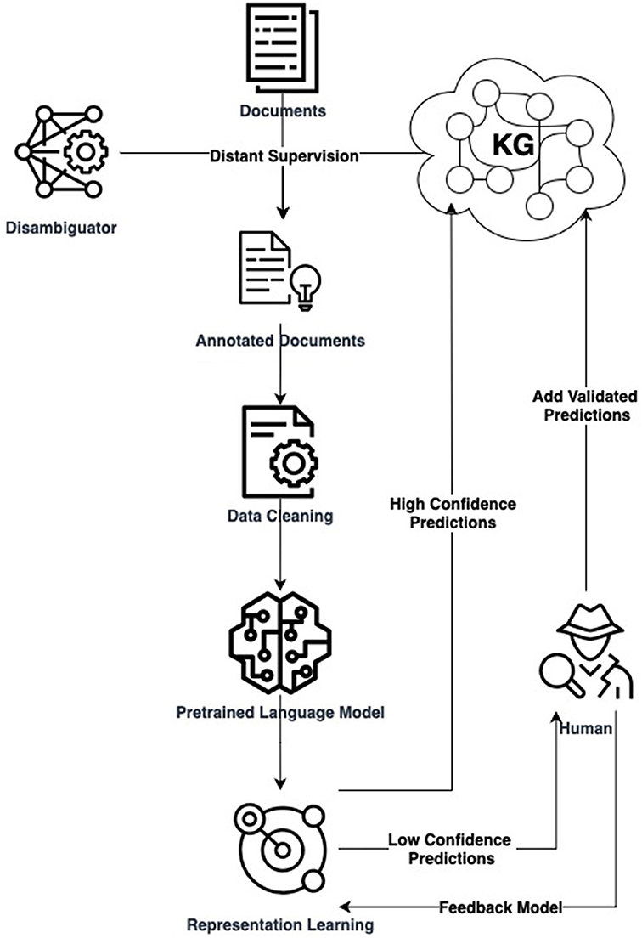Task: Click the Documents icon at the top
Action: tap(279, 50)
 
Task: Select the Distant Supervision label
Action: tap(284, 156)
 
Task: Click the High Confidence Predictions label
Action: tap(453, 513)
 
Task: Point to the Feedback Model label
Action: tap(500, 907)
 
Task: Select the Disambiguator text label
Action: tap(63, 227)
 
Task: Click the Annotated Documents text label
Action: tap(279, 341)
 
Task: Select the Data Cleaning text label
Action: tap(279, 515)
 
